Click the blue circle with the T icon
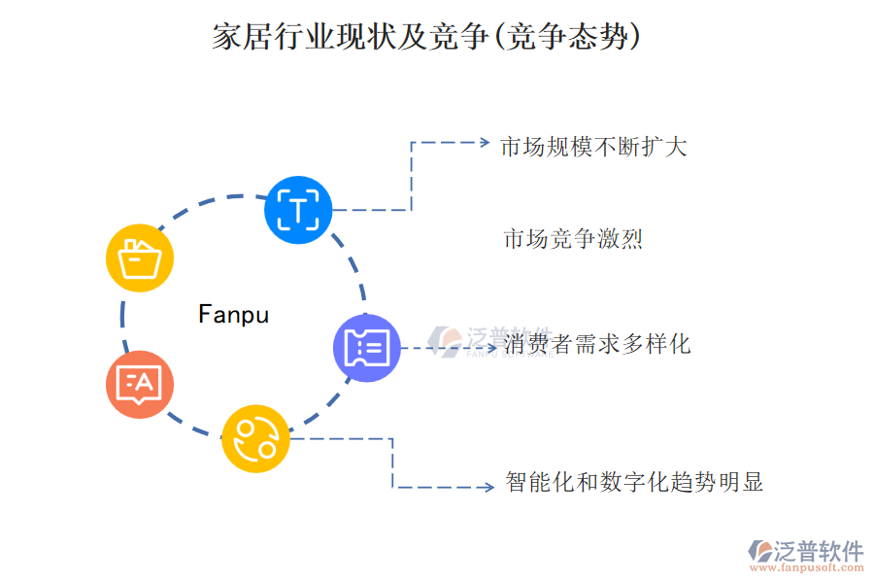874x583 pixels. pos(298,210)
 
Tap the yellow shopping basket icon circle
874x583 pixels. pos(140,258)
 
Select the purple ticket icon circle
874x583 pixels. pos(367,347)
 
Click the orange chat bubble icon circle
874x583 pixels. pos(140,384)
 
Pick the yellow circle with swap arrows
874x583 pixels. pos(256,439)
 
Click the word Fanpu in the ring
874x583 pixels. pos(233,315)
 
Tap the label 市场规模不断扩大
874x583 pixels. pos(593,147)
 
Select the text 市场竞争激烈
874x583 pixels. pos(573,239)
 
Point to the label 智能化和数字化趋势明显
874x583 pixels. pos(634,482)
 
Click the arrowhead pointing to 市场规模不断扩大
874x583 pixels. pos(485,142)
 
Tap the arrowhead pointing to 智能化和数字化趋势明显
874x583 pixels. pos(490,486)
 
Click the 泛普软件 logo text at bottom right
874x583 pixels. pos(819,551)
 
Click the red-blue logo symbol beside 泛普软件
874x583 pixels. pos(758,551)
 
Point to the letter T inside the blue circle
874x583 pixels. pos(298,210)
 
